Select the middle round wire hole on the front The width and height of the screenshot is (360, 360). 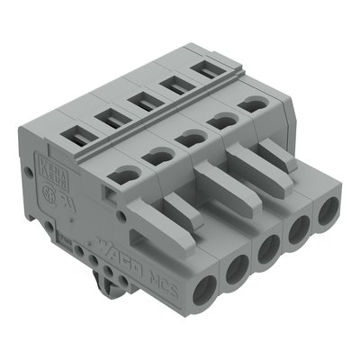tap(267, 249)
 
